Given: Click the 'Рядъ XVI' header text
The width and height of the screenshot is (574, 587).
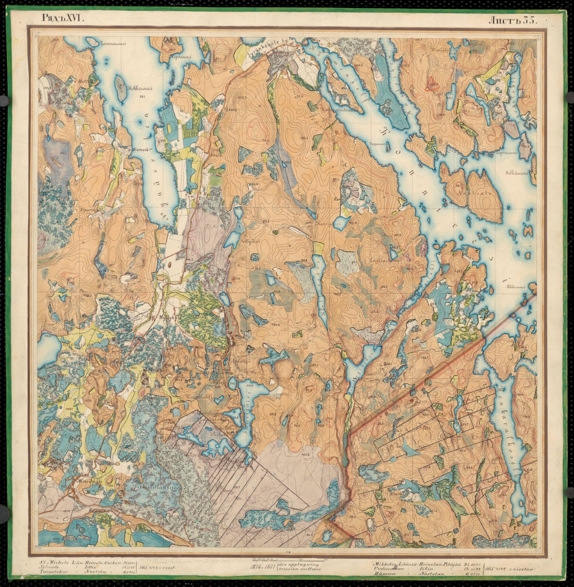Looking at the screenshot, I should pos(64,18).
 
